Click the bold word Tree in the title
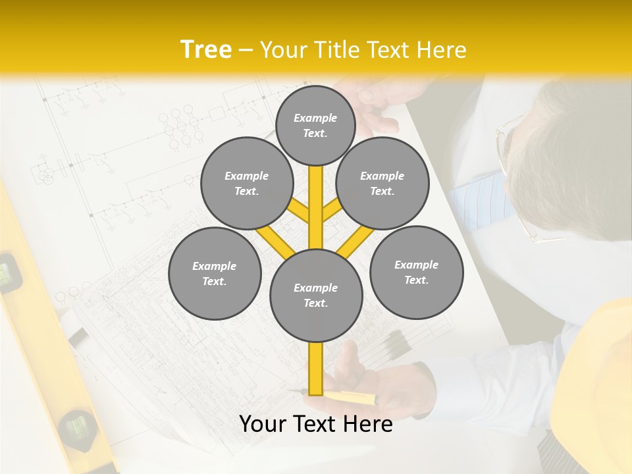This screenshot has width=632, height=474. (206, 49)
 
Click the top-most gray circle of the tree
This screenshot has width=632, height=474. (315, 125)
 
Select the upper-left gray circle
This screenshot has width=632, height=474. (246, 183)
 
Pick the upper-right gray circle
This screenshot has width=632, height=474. (382, 183)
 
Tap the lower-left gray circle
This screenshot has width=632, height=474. (215, 273)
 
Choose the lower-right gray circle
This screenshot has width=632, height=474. (416, 272)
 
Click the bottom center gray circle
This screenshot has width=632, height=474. (316, 296)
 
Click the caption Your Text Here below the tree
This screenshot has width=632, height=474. (316, 423)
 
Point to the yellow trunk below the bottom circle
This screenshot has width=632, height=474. (316, 369)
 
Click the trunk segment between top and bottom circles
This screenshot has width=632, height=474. (316, 207)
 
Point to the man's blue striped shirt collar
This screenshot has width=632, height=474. (477, 197)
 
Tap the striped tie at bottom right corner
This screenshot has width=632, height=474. (560, 454)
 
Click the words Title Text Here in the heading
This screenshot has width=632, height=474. (363, 49)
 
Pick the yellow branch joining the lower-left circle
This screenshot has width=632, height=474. (275, 241)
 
